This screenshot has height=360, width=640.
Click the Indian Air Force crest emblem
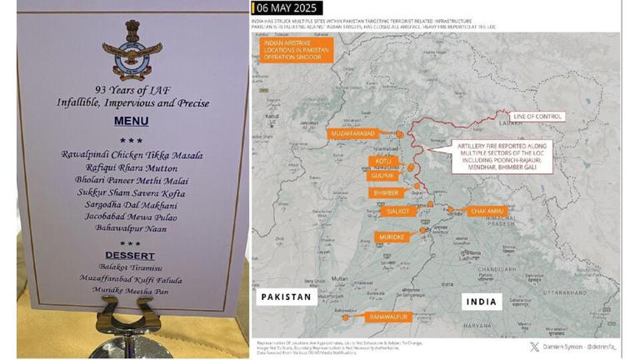(127, 49)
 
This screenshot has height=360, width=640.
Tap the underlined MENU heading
(131, 122)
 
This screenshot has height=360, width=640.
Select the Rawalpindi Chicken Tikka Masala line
(132, 155)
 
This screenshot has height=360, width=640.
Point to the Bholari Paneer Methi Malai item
(132, 180)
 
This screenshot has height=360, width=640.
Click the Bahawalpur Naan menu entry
(132, 230)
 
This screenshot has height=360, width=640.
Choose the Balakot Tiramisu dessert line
(132, 267)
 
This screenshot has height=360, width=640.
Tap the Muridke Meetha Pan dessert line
(132, 290)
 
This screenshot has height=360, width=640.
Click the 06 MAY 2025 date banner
(287, 8)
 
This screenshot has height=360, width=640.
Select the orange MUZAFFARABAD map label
(354, 133)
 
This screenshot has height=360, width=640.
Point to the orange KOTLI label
(382, 161)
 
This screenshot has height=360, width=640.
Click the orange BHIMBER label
(386, 192)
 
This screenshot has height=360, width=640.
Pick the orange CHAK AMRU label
(487, 212)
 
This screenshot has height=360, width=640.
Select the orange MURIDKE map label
(392, 237)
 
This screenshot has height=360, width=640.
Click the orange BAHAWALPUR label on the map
(387, 317)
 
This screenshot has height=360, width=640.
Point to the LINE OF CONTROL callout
(537, 117)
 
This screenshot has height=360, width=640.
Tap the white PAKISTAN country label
(286, 297)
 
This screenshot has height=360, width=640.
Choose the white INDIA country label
(482, 302)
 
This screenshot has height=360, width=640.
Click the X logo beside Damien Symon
(534, 347)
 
